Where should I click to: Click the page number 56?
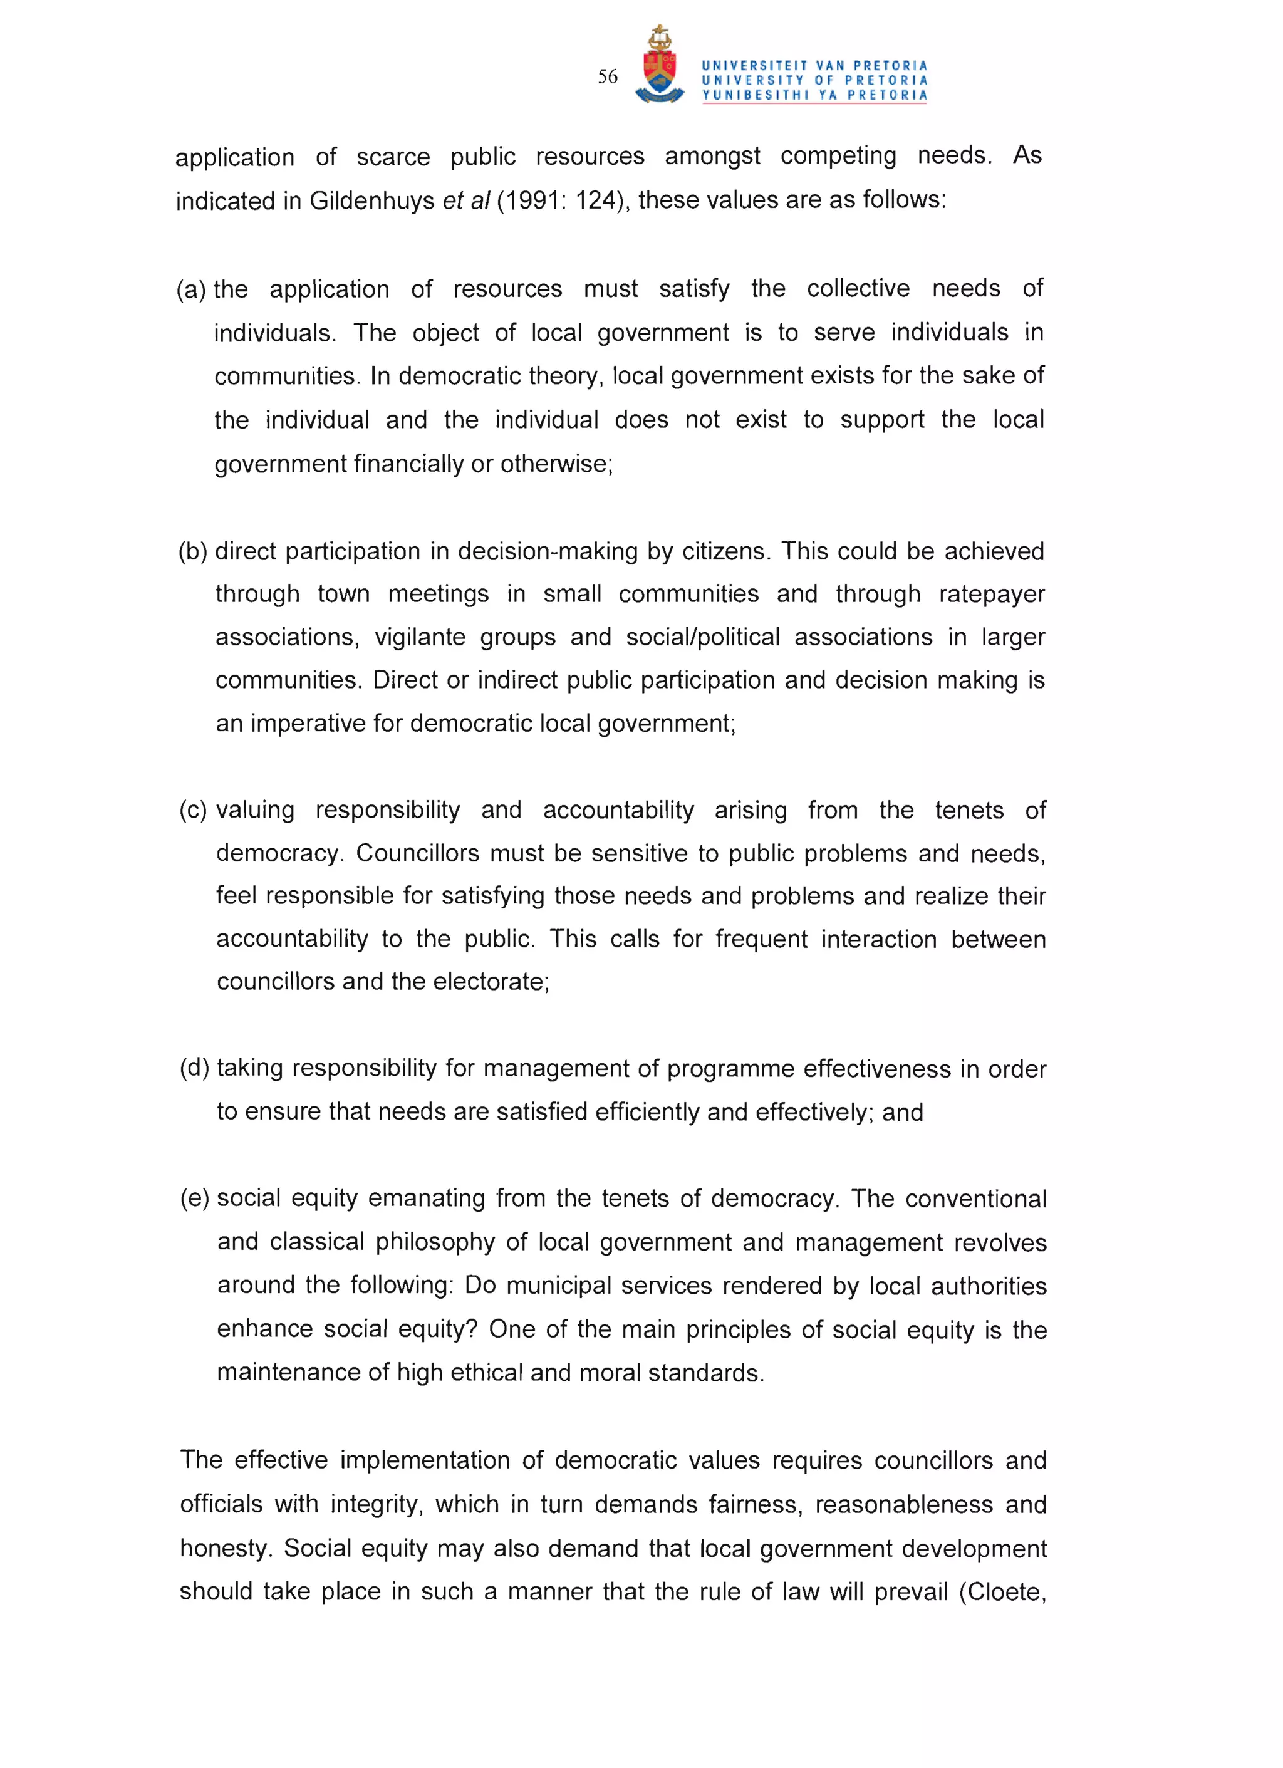tap(607, 76)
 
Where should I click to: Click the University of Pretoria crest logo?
tap(660, 66)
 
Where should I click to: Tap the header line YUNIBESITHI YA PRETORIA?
tap(814, 95)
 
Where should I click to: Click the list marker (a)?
tap(191, 289)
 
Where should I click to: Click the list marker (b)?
tap(192, 551)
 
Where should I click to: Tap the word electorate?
tap(491, 982)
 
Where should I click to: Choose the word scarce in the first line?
tap(393, 157)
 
